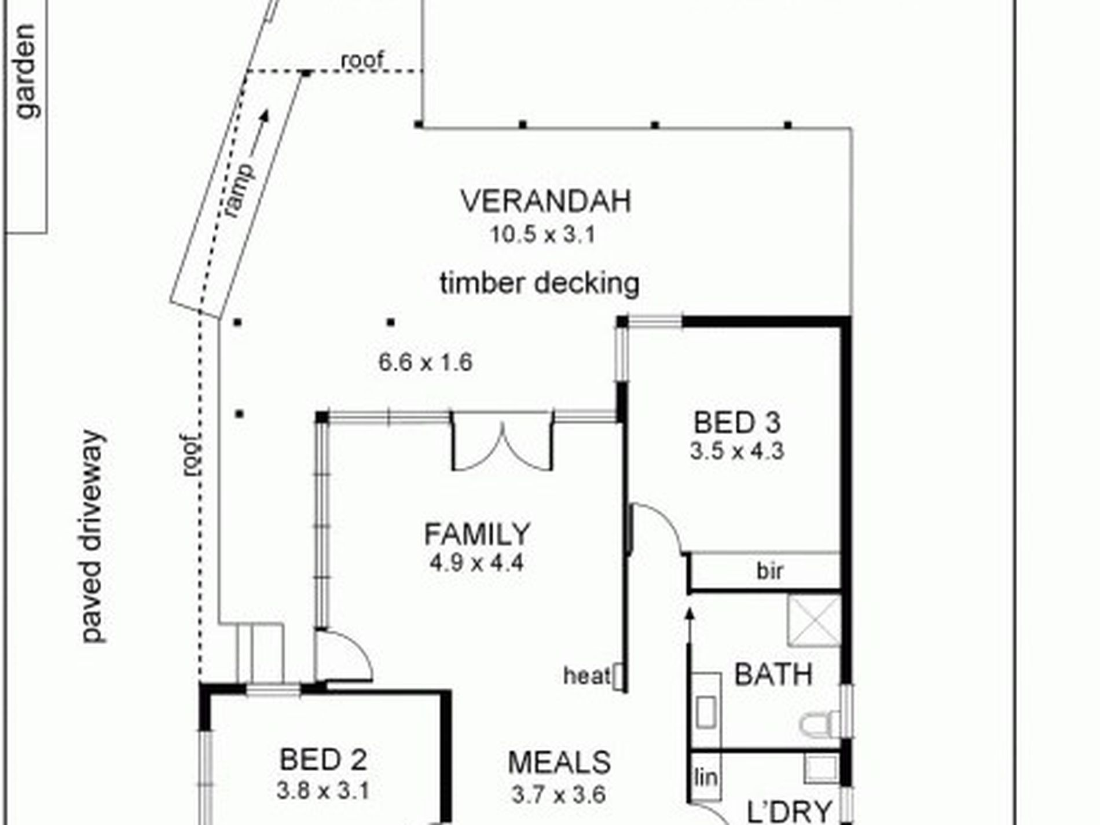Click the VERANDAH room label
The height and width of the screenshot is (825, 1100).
[545, 201]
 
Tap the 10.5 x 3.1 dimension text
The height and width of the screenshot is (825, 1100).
[543, 235]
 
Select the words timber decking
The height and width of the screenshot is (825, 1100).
[540, 284]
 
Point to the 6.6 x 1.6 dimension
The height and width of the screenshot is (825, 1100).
[426, 362]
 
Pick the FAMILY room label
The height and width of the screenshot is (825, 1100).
[477, 534]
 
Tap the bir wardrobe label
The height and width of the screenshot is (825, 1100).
[770, 571]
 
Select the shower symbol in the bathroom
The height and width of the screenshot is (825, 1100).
[814, 620]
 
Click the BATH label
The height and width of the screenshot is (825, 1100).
[773, 675]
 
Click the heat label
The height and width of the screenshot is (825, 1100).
[587, 675]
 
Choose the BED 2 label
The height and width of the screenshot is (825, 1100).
[323, 760]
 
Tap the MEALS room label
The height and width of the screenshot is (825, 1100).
[559, 762]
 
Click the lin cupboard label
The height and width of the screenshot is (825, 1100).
[705, 778]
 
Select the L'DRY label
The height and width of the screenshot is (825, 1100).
[790, 811]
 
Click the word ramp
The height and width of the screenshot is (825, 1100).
[239, 191]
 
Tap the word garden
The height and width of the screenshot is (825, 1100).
[26, 72]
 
